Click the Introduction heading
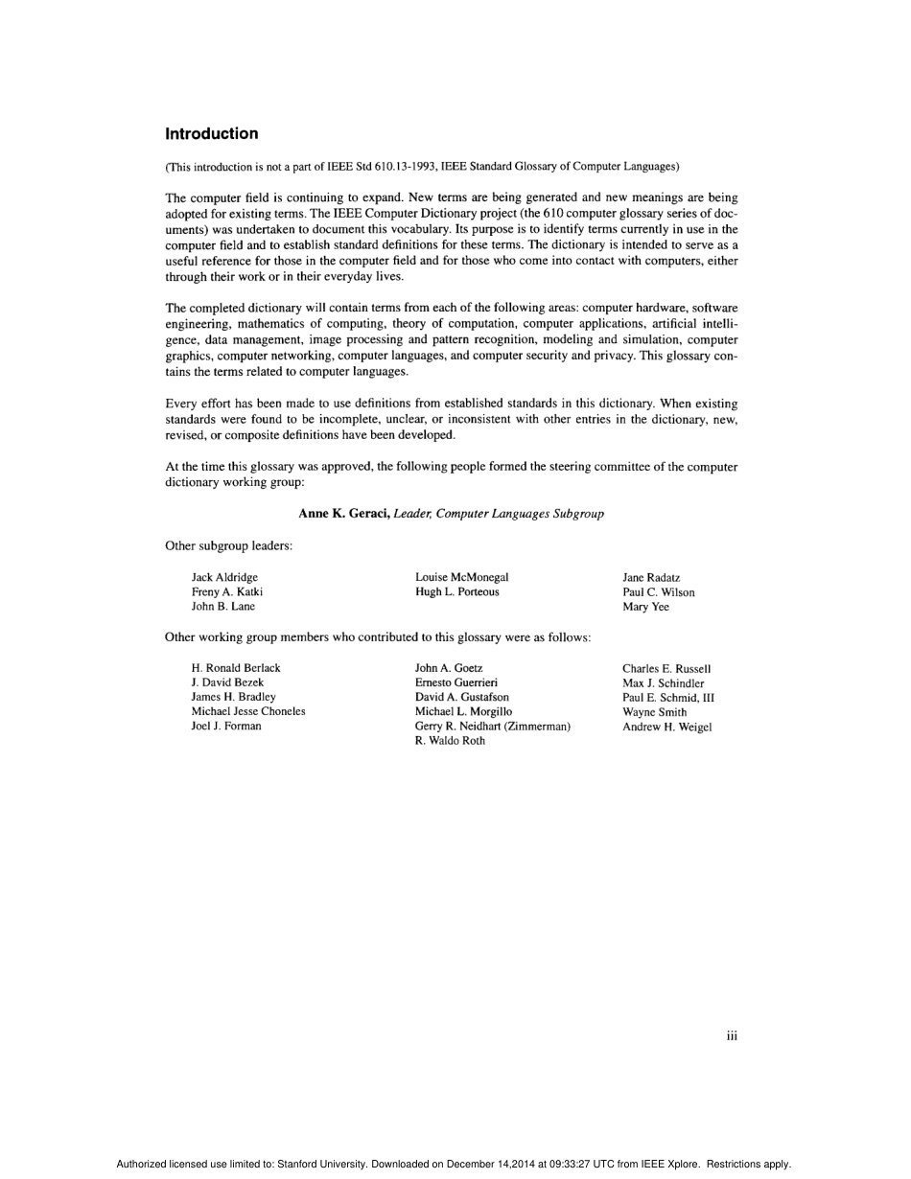click(x=211, y=134)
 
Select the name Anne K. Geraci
click(x=343, y=514)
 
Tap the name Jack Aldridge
click(x=224, y=577)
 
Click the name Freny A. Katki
click(x=227, y=592)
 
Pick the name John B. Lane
click(x=223, y=607)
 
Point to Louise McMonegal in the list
click(x=461, y=577)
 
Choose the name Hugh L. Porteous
click(x=456, y=592)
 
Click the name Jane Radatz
click(x=651, y=578)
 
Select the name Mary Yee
click(x=645, y=607)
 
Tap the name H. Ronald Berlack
click(x=236, y=668)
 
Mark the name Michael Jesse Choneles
click(x=248, y=711)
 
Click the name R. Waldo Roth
click(x=450, y=741)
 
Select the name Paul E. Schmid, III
click(x=667, y=698)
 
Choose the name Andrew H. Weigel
click(x=666, y=727)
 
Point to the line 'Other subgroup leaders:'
click(x=228, y=546)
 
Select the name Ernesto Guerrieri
click(x=455, y=682)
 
